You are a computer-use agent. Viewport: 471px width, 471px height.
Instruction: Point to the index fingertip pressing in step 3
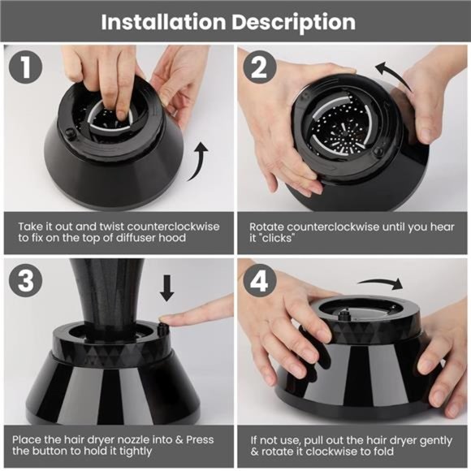166,318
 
